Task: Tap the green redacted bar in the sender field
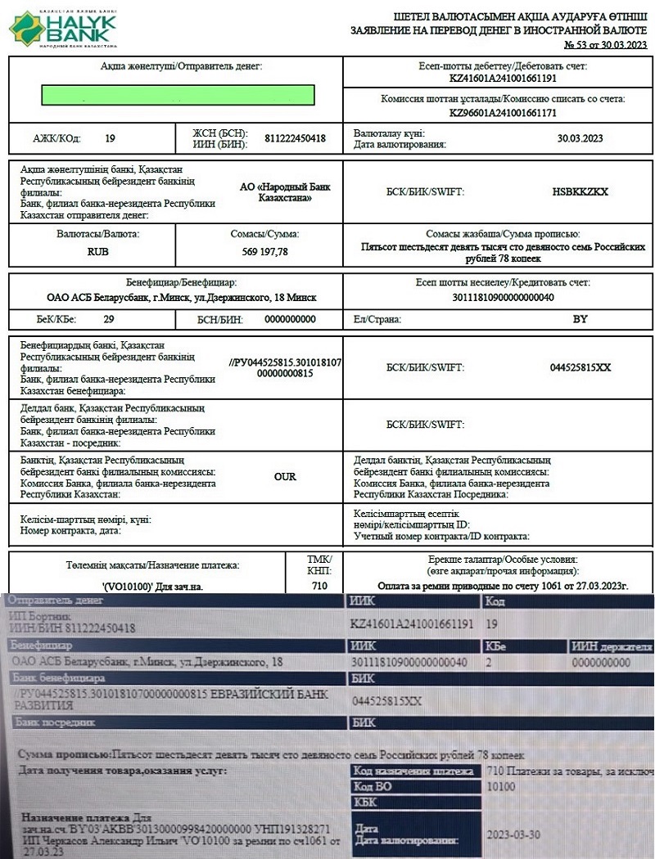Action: point(178,95)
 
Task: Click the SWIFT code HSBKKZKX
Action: point(580,191)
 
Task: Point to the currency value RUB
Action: point(98,252)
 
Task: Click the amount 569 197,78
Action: point(264,252)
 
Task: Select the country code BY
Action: point(580,319)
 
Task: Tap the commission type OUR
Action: point(285,476)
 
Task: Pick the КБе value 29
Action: point(109,319)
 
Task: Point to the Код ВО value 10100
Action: point(500,787)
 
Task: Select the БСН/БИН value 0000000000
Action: point(288,319)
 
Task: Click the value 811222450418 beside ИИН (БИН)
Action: point(295,138)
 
